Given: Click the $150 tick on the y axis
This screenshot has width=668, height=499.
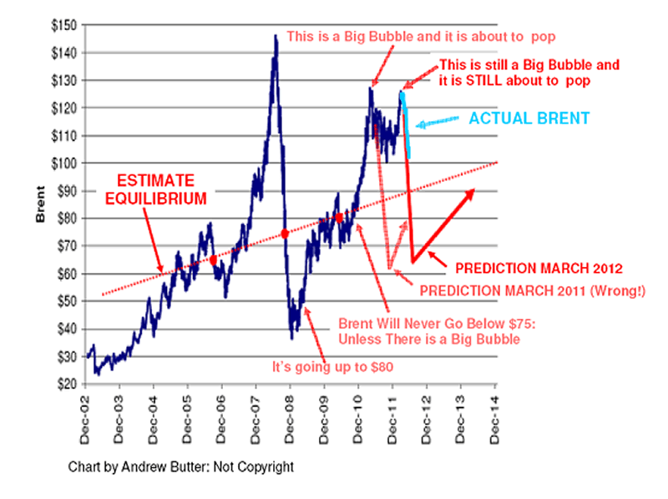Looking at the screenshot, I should [66, 25].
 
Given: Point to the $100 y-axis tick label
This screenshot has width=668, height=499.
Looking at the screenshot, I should [66, 163].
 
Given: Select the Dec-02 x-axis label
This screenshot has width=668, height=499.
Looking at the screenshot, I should [85, 410].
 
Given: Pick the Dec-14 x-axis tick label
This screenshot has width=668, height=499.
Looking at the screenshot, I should [495, 410].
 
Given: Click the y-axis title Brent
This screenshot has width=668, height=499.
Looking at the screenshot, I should [39, 205].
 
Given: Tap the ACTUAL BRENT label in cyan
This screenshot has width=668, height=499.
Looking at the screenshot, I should [529, 118].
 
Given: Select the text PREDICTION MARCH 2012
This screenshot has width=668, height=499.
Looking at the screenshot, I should [540, 269].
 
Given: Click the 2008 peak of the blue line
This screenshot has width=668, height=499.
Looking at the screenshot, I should [276, 36].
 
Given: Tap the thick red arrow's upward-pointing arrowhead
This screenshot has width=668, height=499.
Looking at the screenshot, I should [471, 193].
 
